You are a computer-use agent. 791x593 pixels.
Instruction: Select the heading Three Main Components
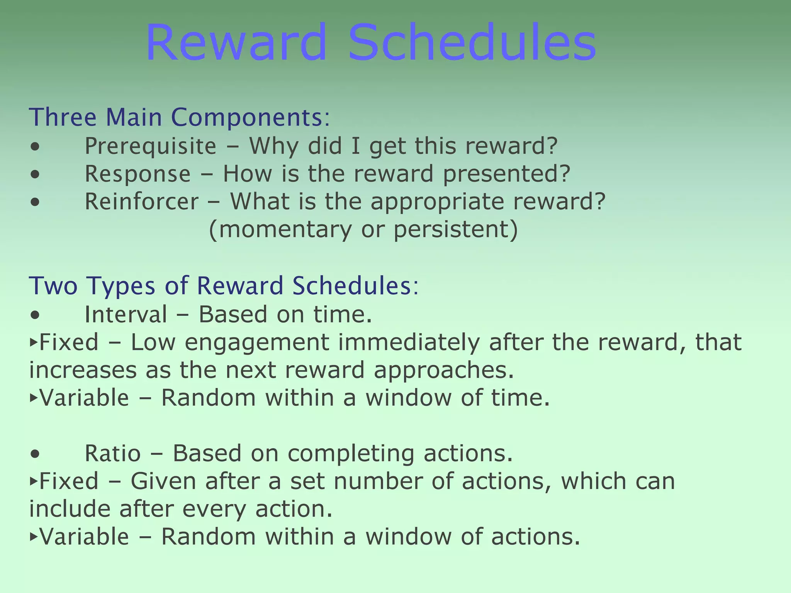(x=180, y=117)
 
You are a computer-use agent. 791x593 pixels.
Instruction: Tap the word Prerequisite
(x=150, y=146)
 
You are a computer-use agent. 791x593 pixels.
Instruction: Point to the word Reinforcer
(x=141, y=202)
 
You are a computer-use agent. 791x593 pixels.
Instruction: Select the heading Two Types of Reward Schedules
(x=224, y=286)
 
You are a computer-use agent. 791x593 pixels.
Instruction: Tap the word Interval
(x=126, y=314)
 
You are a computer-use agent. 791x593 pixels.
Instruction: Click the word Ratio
(x=112, y=453)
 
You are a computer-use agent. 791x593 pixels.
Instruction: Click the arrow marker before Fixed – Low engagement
(x=33, y=342)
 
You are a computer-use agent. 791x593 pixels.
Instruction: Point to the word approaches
(x=444, y=370)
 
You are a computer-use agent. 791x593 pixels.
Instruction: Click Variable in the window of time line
(x=84, y=398)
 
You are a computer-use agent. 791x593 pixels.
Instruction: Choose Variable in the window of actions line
(x=84, y=537)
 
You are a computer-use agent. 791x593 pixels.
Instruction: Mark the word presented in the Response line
(x=506, y=174)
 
